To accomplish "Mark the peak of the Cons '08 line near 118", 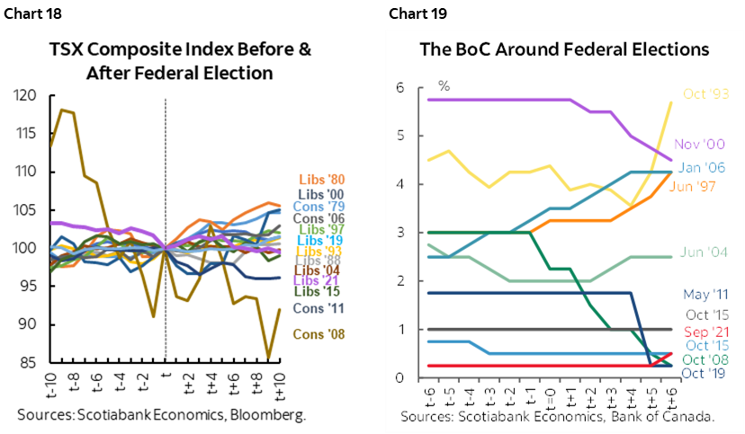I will pyautogui.click(x=60, y=110).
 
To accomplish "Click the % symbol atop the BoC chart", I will pyautogui.click(x=444, y=86).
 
